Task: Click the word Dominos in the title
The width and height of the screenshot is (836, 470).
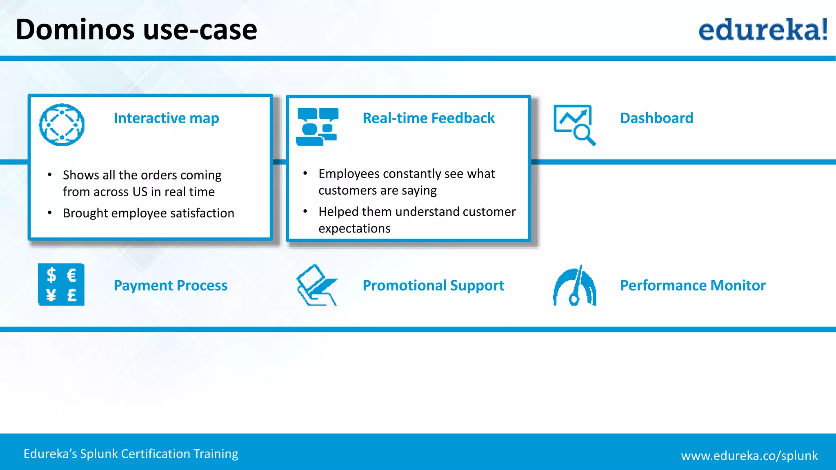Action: point(75,30)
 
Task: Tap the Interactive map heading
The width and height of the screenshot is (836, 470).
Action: point(166,118)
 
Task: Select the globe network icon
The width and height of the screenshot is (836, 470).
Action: point(62,124)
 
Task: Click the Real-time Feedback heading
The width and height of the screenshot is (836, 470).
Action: point(428,118)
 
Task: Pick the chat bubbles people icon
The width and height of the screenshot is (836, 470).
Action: point(317,126)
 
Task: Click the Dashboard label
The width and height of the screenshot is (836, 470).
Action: point(656,118)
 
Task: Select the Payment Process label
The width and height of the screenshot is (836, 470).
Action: point(170,285)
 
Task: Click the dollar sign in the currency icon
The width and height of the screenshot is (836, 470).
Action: point(51,275)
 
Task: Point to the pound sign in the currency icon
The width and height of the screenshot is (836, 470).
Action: point(72,295)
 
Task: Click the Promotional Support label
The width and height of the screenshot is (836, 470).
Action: point(433,285)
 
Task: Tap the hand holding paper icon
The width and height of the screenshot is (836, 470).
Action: point(317,285)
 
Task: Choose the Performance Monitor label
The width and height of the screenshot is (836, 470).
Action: point(693,285)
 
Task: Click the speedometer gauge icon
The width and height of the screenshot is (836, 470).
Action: point(575,286)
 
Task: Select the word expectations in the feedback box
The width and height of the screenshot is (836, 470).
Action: point(354,228)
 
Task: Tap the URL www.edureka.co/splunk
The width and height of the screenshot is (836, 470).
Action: point(749,455)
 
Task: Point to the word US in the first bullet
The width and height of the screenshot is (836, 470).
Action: point(140,192)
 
